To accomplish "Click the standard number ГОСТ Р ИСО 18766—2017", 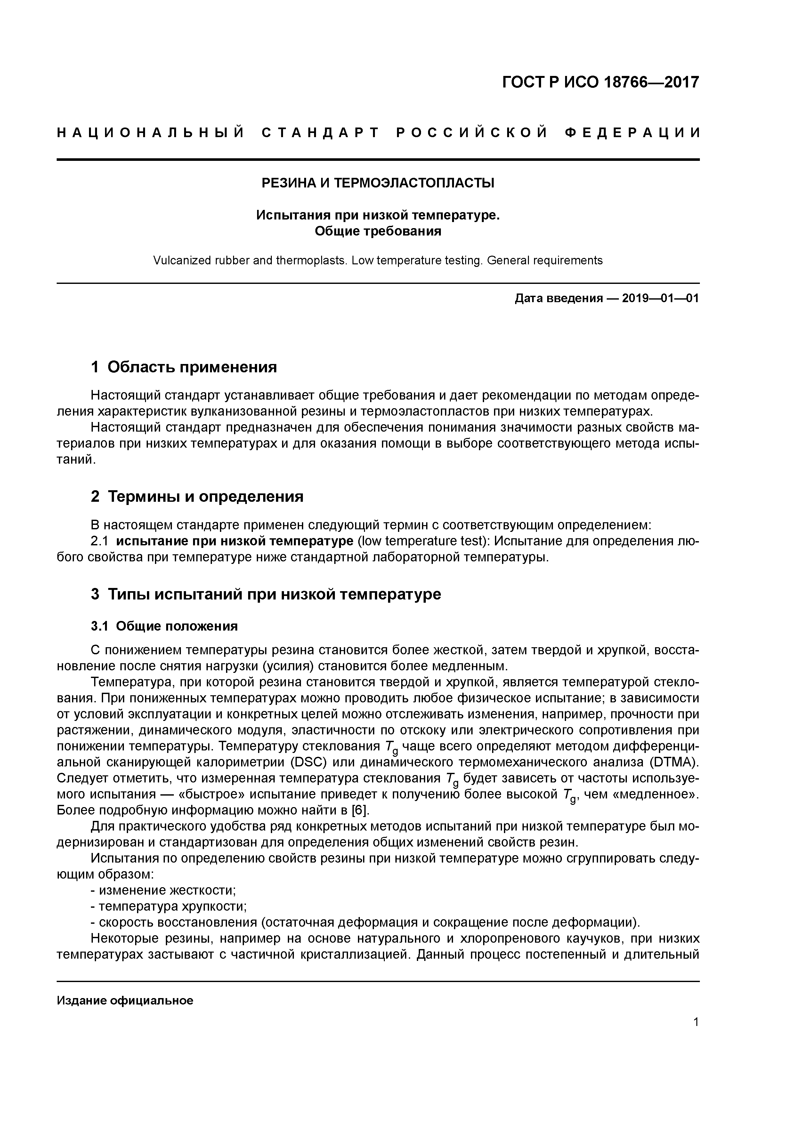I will point(600,82).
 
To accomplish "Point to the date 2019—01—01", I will point(660,298).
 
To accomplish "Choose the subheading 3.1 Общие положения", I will point(164,626).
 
